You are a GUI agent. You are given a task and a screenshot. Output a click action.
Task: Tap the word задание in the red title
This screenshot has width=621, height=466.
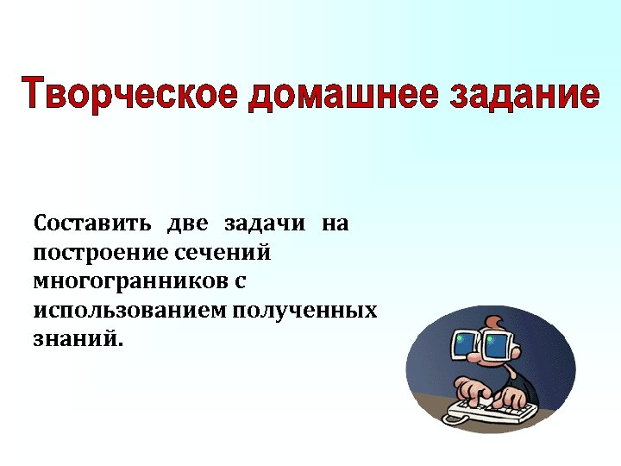pyautogui.click(x=524, y=94)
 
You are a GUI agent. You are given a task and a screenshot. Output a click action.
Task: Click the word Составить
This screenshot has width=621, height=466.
pyautogui.click(x=93, y=224)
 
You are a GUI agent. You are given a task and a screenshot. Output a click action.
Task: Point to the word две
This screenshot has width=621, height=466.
pyautogui.click(x=189, y=224)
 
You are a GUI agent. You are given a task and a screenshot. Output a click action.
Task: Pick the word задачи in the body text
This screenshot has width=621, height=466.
pyautogui.click(x=265, y=224)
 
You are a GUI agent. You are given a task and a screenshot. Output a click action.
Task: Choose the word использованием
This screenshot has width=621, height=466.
pyautogui.click(x=129, y=310)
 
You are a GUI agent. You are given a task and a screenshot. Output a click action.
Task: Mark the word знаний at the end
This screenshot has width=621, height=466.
pyautogui.click(x=78, y=338)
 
